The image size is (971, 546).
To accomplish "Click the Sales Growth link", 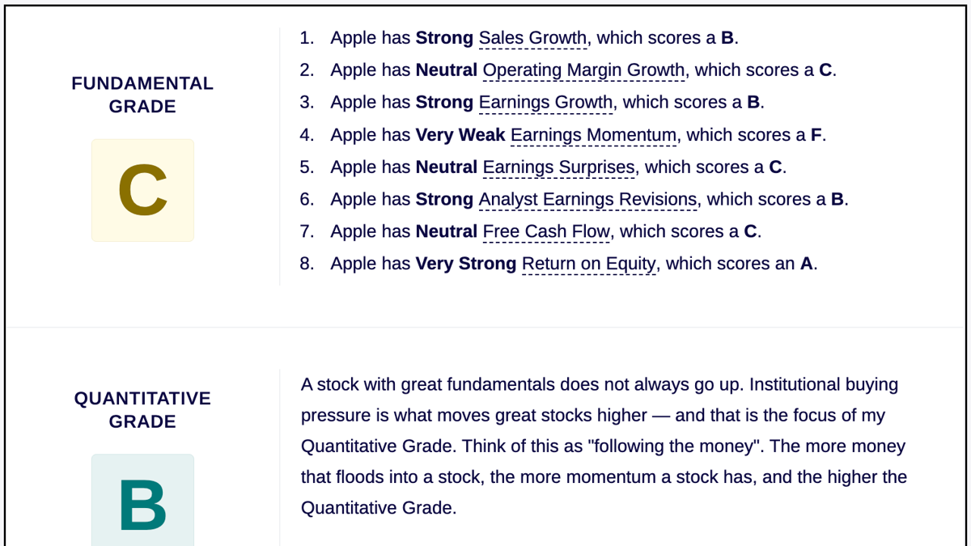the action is coord(532,38).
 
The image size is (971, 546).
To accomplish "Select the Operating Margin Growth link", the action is coord(583,70).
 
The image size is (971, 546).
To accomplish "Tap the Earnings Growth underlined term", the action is coord(545,103).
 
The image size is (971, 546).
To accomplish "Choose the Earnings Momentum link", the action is coord(593,135).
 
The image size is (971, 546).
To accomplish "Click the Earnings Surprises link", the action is coord(559,167).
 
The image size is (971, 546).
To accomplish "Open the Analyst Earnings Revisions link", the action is coord(587,199).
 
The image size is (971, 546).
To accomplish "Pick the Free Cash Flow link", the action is coord(546,231).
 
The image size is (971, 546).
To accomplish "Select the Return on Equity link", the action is coord(589,264).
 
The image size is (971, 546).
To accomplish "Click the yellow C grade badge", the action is coord(142,190).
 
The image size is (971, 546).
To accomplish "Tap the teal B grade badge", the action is coord(142,500).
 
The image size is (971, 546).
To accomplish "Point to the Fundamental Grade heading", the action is coord(142,95).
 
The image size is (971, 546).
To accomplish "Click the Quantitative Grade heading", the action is coord(142,410).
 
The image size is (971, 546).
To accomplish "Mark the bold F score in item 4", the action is coord(816,135).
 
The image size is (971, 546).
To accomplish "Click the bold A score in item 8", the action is coord(806,264).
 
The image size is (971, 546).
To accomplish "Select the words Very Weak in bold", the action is coord(460,135).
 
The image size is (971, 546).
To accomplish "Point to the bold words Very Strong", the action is coord(466,264).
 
